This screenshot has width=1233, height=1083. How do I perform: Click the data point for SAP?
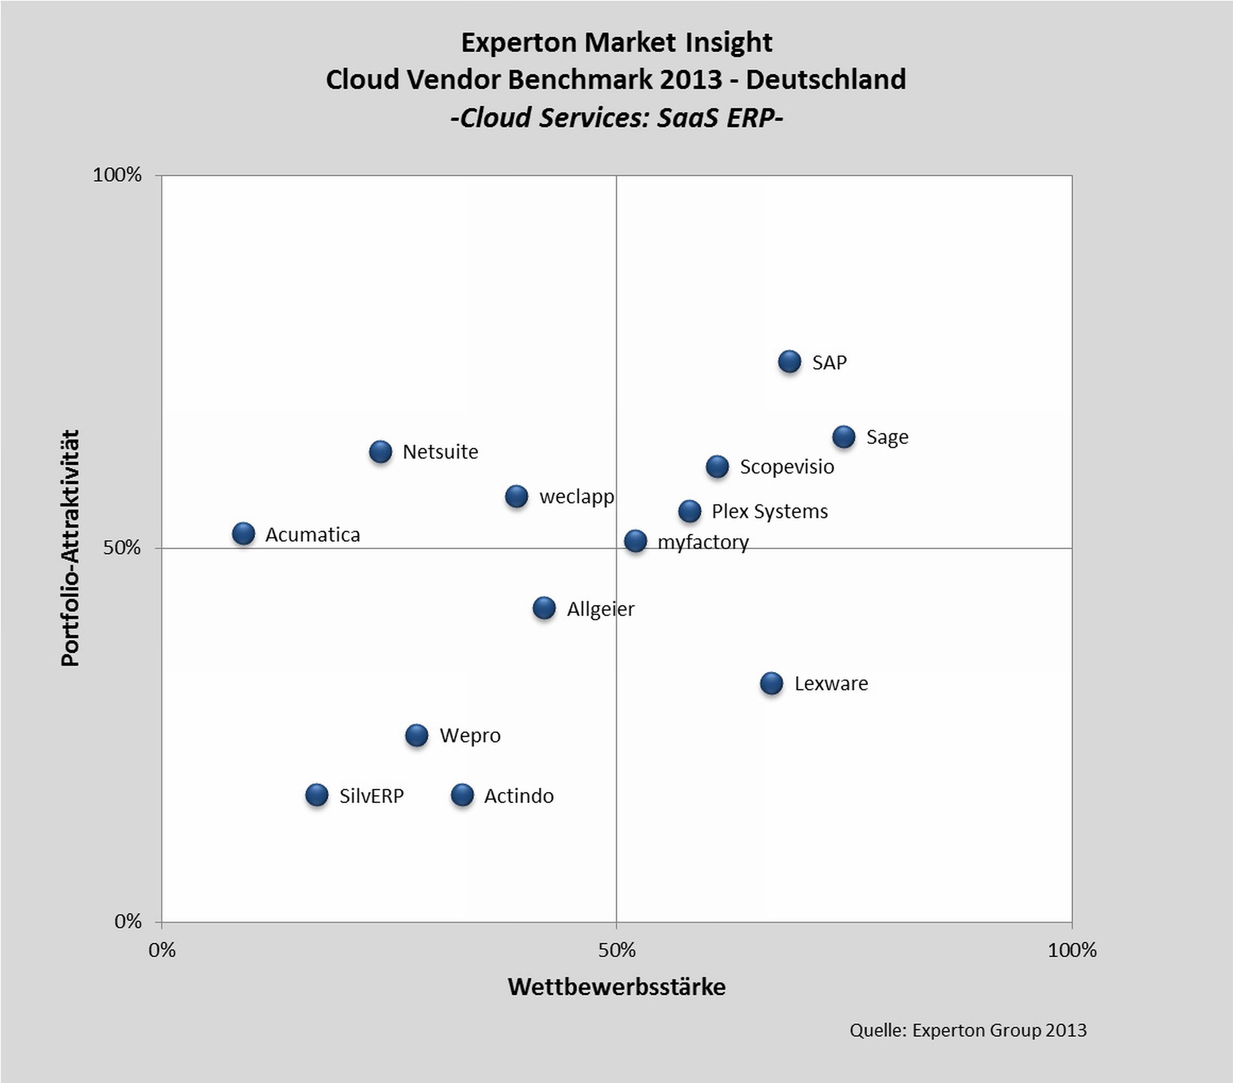point(790,362)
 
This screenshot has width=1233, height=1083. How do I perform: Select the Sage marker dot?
point(844,436)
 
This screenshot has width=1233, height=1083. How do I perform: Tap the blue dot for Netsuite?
point(380,452)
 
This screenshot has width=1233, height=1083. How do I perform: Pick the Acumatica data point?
point(243,534)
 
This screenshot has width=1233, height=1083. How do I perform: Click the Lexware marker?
point(772,683)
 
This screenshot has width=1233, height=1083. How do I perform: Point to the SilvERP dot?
point(316,795)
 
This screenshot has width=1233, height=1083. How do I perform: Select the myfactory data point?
point(635,541)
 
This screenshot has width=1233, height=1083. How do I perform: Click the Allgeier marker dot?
point(544,608)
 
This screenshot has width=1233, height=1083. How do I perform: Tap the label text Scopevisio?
point(786,467)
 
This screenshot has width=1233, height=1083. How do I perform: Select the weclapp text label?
point(576,496)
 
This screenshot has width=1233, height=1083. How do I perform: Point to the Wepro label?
point(470,736)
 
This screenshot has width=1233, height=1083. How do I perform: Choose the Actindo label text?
point(519,796)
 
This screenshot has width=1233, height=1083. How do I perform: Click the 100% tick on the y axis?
point(117,175)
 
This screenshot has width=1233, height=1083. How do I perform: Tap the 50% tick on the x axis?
point(617,951)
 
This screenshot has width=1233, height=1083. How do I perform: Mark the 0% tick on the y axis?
point(128,922)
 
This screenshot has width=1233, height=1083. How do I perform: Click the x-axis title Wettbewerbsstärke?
point(617,987)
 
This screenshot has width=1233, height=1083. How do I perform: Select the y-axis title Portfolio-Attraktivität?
point(70,547)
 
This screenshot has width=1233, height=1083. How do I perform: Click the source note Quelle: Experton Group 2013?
point(967,1030)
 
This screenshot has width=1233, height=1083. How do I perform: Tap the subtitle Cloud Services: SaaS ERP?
point(617,117)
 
